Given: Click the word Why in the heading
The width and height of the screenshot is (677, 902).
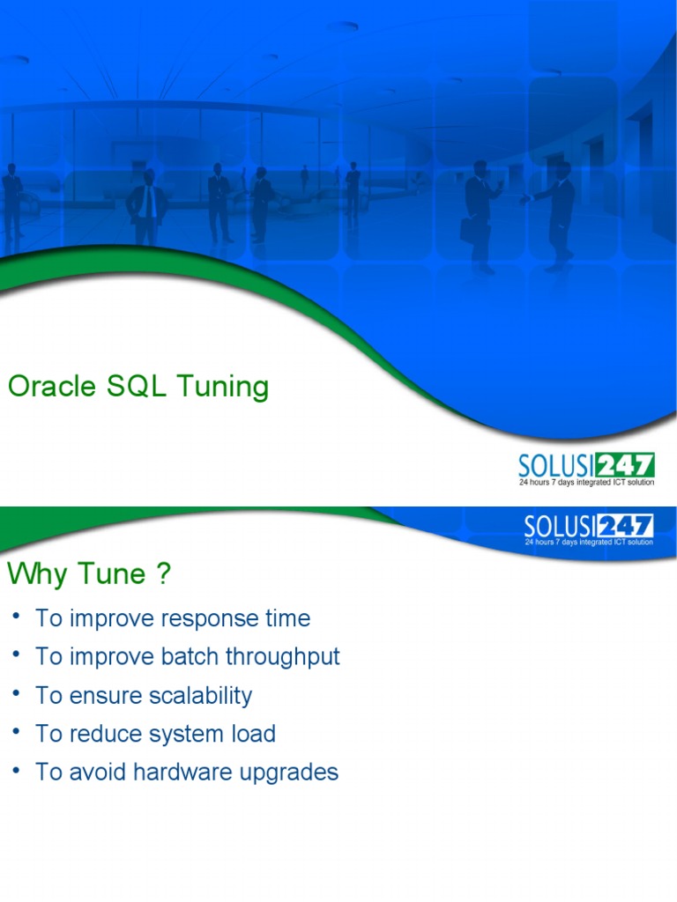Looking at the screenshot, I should pyautogui.click(x=38, y=574).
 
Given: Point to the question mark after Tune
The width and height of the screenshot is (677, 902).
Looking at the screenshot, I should pyautogui.click(x=162, y=574).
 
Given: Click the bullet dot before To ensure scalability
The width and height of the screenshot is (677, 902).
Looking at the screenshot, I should pyautogui.click(x=16, y=694).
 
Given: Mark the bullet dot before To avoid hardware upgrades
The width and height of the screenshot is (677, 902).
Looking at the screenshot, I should pyautogui.click(x=16, y=771).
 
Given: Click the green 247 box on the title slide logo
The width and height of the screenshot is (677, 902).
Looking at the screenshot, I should pyautogui.click(x=625, y=465).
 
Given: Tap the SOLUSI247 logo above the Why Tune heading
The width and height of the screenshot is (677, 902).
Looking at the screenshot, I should pyautogui.click(x=589, y=529).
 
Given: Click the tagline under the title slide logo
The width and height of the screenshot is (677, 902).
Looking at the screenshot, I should pyautogui.click(x=585, y=483).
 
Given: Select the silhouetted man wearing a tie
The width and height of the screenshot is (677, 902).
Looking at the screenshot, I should pyautogui.click(x=148, y=204).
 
